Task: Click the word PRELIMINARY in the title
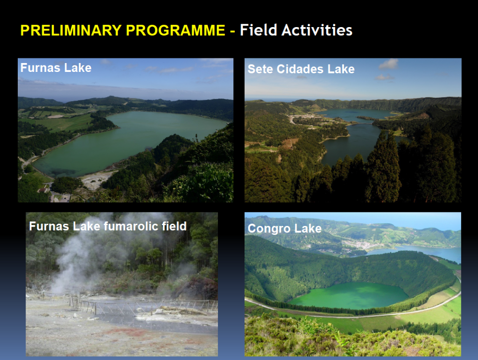71,30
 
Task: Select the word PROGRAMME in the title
176,30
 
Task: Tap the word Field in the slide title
259,30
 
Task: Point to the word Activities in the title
317,30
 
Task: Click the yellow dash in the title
232,31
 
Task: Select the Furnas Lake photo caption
56,68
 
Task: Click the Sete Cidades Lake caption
301,69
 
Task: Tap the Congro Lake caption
285,229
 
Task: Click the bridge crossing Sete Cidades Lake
360,123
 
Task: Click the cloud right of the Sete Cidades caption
388,64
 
